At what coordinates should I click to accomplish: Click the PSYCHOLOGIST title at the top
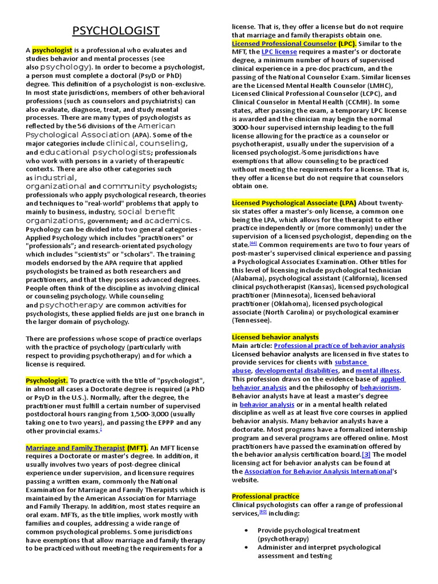point(116,31)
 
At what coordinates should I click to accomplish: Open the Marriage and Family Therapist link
point(75,448)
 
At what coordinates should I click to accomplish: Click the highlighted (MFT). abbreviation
point(137,448)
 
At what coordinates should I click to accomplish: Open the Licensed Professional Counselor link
point(284,43)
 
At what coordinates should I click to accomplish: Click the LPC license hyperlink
point(279,52)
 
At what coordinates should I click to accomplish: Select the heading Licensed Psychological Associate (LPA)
point(294,202)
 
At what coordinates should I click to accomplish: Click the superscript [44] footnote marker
point(253,244)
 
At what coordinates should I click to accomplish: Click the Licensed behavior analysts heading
point(275,337)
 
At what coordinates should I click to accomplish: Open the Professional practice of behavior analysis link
point(339,346)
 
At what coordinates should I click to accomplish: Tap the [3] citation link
point(366,455)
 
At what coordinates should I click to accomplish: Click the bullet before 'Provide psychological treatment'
point(245,530)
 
